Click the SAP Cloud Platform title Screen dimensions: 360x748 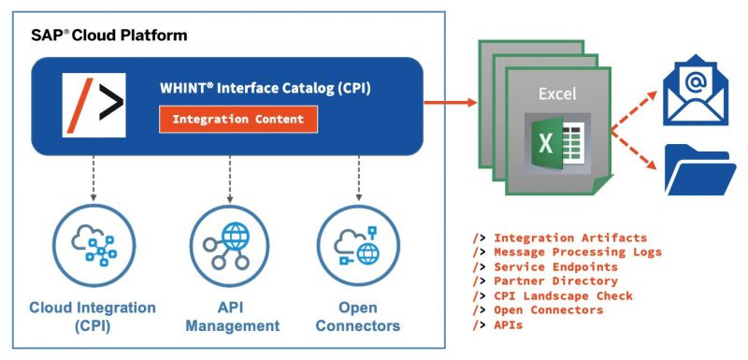tap(108, 36)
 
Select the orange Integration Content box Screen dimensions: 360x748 tap(238, 119)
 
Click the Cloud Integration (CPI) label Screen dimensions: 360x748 tap(92, 317)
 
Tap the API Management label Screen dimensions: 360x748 tap(231, 317)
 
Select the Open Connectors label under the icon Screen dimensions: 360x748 tap(358, 317)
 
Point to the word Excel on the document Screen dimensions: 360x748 tap(556, 94)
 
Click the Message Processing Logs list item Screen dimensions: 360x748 tap(577, 252)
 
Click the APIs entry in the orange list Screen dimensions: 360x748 tap(510, 324)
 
